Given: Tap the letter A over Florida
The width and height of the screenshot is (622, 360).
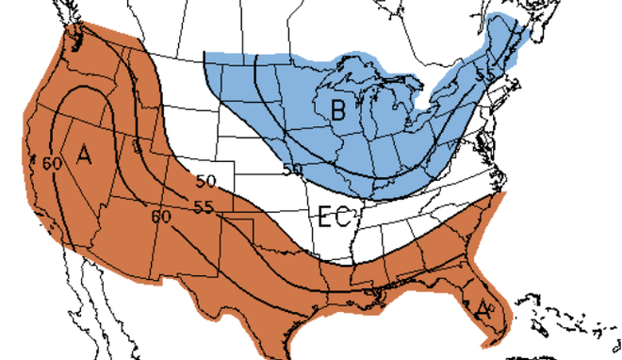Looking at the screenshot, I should (x=483, y=307).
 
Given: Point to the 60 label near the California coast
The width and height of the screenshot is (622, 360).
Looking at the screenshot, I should (x=52, y=162).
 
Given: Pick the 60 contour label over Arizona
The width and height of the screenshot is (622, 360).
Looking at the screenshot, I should (x=161, y=216).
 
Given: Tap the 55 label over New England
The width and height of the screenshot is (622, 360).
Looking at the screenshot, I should (x=486, y=73).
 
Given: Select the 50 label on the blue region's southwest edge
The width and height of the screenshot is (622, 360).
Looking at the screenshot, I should (x=292, y=169).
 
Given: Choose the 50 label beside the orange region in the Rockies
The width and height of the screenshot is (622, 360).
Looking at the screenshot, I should (x=206, y=181).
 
